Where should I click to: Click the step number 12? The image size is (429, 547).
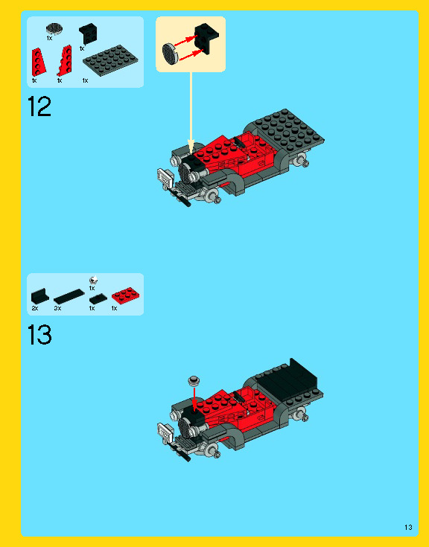pos(39,106)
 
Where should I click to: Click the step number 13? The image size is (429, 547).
pos(39,335)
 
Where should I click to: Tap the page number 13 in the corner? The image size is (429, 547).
pos(408,527)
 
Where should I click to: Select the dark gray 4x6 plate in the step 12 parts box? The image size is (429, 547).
pos(110,60)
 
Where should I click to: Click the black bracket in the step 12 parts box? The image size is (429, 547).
pos(88,33)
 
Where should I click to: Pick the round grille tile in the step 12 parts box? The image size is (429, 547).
pos(54,28)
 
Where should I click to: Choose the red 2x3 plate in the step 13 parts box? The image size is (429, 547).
pos(126,295)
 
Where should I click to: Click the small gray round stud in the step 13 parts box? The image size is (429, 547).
pos(93,280)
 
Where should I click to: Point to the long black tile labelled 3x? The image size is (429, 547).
pos(69,296)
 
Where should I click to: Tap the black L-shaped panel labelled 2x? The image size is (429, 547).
pos(39,296)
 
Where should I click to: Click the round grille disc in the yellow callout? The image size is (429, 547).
pos(170,54)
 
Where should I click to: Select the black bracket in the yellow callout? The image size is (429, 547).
pos(206,39)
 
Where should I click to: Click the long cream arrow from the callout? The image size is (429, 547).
pos(191,112)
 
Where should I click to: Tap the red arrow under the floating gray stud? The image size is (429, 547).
pos(194,397)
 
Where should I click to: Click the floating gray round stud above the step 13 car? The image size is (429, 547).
pos(194,380)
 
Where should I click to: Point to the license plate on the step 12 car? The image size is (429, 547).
pos(165,176)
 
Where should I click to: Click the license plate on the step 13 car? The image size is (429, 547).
pos(165,431)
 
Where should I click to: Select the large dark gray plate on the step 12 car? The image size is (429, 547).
pos(287,130)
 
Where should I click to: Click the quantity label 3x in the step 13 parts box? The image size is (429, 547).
pos(57,308)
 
